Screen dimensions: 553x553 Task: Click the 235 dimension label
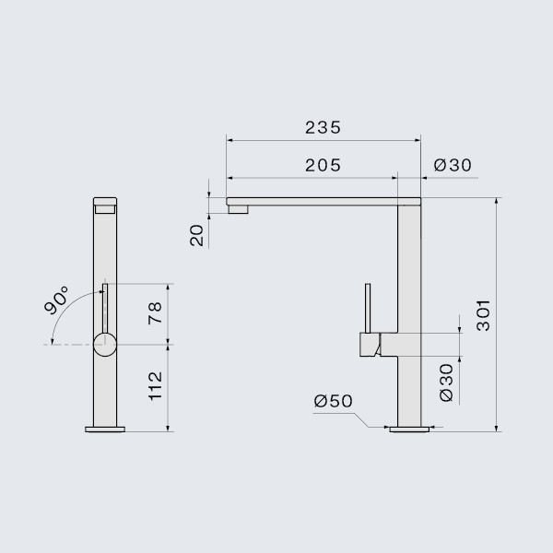click(x=323, y=127)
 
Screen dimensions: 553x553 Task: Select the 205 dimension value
click(x=323, y=166)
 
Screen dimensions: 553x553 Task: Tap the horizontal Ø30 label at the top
click(x=453, y=166)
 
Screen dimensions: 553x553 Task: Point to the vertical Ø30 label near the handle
click(x=446, y=381)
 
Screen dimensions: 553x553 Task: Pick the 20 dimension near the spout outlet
click(x=196, y=235)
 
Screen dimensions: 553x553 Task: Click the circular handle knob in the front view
click(x=105, y=346)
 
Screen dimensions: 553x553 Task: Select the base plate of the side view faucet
click(x=408, y=429)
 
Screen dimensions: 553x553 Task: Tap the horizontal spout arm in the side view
click(x=313, y=199)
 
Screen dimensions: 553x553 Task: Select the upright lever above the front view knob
click(x=105, y=308)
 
